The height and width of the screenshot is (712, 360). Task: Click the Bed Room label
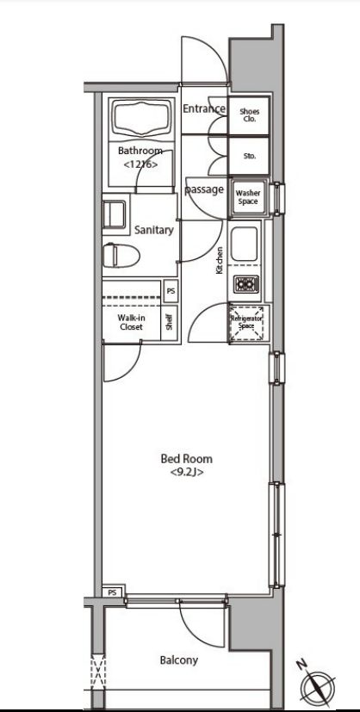(x=186, y=459)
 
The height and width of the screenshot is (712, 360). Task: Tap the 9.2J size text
(x=187, y=473)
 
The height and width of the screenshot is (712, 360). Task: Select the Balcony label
(x=179, y=659)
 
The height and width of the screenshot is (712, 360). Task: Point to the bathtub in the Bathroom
(x=141, y=119)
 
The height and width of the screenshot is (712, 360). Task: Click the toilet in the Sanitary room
(x=121, y=256)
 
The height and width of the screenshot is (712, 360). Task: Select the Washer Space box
(x=248, y=197)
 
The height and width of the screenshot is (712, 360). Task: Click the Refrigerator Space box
(x=248, y=323)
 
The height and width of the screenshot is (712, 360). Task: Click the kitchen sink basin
(x=245, y=244)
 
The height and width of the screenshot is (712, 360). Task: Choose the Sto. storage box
(x=249, y=156)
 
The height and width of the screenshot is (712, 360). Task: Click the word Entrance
(x=204, y=109)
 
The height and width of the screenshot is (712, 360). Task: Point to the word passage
(x=204, y=189)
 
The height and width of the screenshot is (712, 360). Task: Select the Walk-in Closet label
(x=131, y=322)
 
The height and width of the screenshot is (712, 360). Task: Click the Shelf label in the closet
(x=170, y=323)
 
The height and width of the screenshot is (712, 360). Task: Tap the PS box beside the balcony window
(x=113, y=592)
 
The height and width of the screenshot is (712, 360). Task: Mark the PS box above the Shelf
(x=171, y=292)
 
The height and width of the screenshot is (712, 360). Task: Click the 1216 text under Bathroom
(x=140, y=164)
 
